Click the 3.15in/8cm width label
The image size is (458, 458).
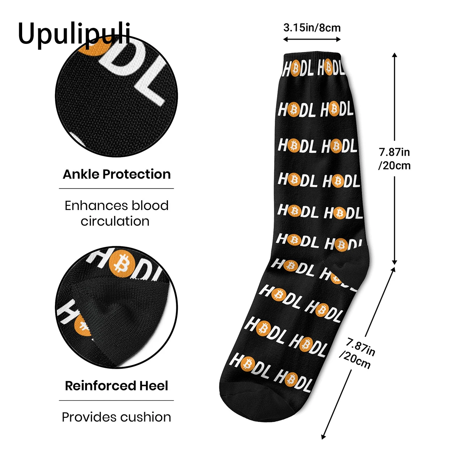312,27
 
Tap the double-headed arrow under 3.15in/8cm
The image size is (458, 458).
312,39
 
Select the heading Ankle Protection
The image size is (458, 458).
116,174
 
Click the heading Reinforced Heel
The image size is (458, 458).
116,386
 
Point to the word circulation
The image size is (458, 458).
115,221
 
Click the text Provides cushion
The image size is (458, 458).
116,417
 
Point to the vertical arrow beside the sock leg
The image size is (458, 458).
395,158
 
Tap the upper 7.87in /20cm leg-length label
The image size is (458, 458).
394,159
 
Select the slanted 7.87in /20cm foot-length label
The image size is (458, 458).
357,353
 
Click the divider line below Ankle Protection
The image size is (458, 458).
116,189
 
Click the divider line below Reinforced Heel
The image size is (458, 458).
116,401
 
